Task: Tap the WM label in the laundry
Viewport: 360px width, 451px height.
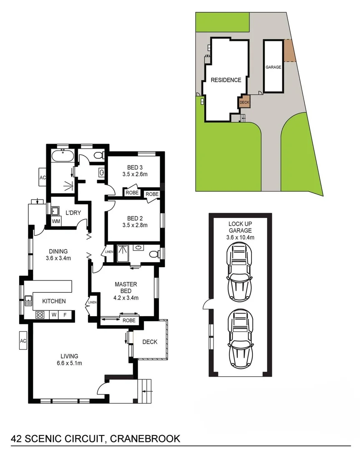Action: point(55,221)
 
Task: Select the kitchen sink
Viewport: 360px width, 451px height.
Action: point(29,299)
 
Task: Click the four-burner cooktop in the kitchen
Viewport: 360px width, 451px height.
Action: point(40,315)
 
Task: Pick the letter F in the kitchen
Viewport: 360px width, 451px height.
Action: point(65,315)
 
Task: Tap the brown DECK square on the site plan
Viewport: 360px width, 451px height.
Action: point(244,101)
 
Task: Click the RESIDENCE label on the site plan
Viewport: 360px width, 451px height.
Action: point(226,80)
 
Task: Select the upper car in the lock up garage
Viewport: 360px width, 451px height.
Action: point(239,272)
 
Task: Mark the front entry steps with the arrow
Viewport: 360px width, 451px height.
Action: point(146,391)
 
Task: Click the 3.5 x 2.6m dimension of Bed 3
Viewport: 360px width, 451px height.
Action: point(135,175)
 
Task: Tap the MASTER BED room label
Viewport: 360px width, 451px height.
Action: point(126,287)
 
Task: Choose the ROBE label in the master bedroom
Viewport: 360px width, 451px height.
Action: point(129,320)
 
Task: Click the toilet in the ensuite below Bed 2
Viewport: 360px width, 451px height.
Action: point(155,253)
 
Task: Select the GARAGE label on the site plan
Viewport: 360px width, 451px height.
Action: point(273,67)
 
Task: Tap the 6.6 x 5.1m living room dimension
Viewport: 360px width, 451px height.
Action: point(69,363)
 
